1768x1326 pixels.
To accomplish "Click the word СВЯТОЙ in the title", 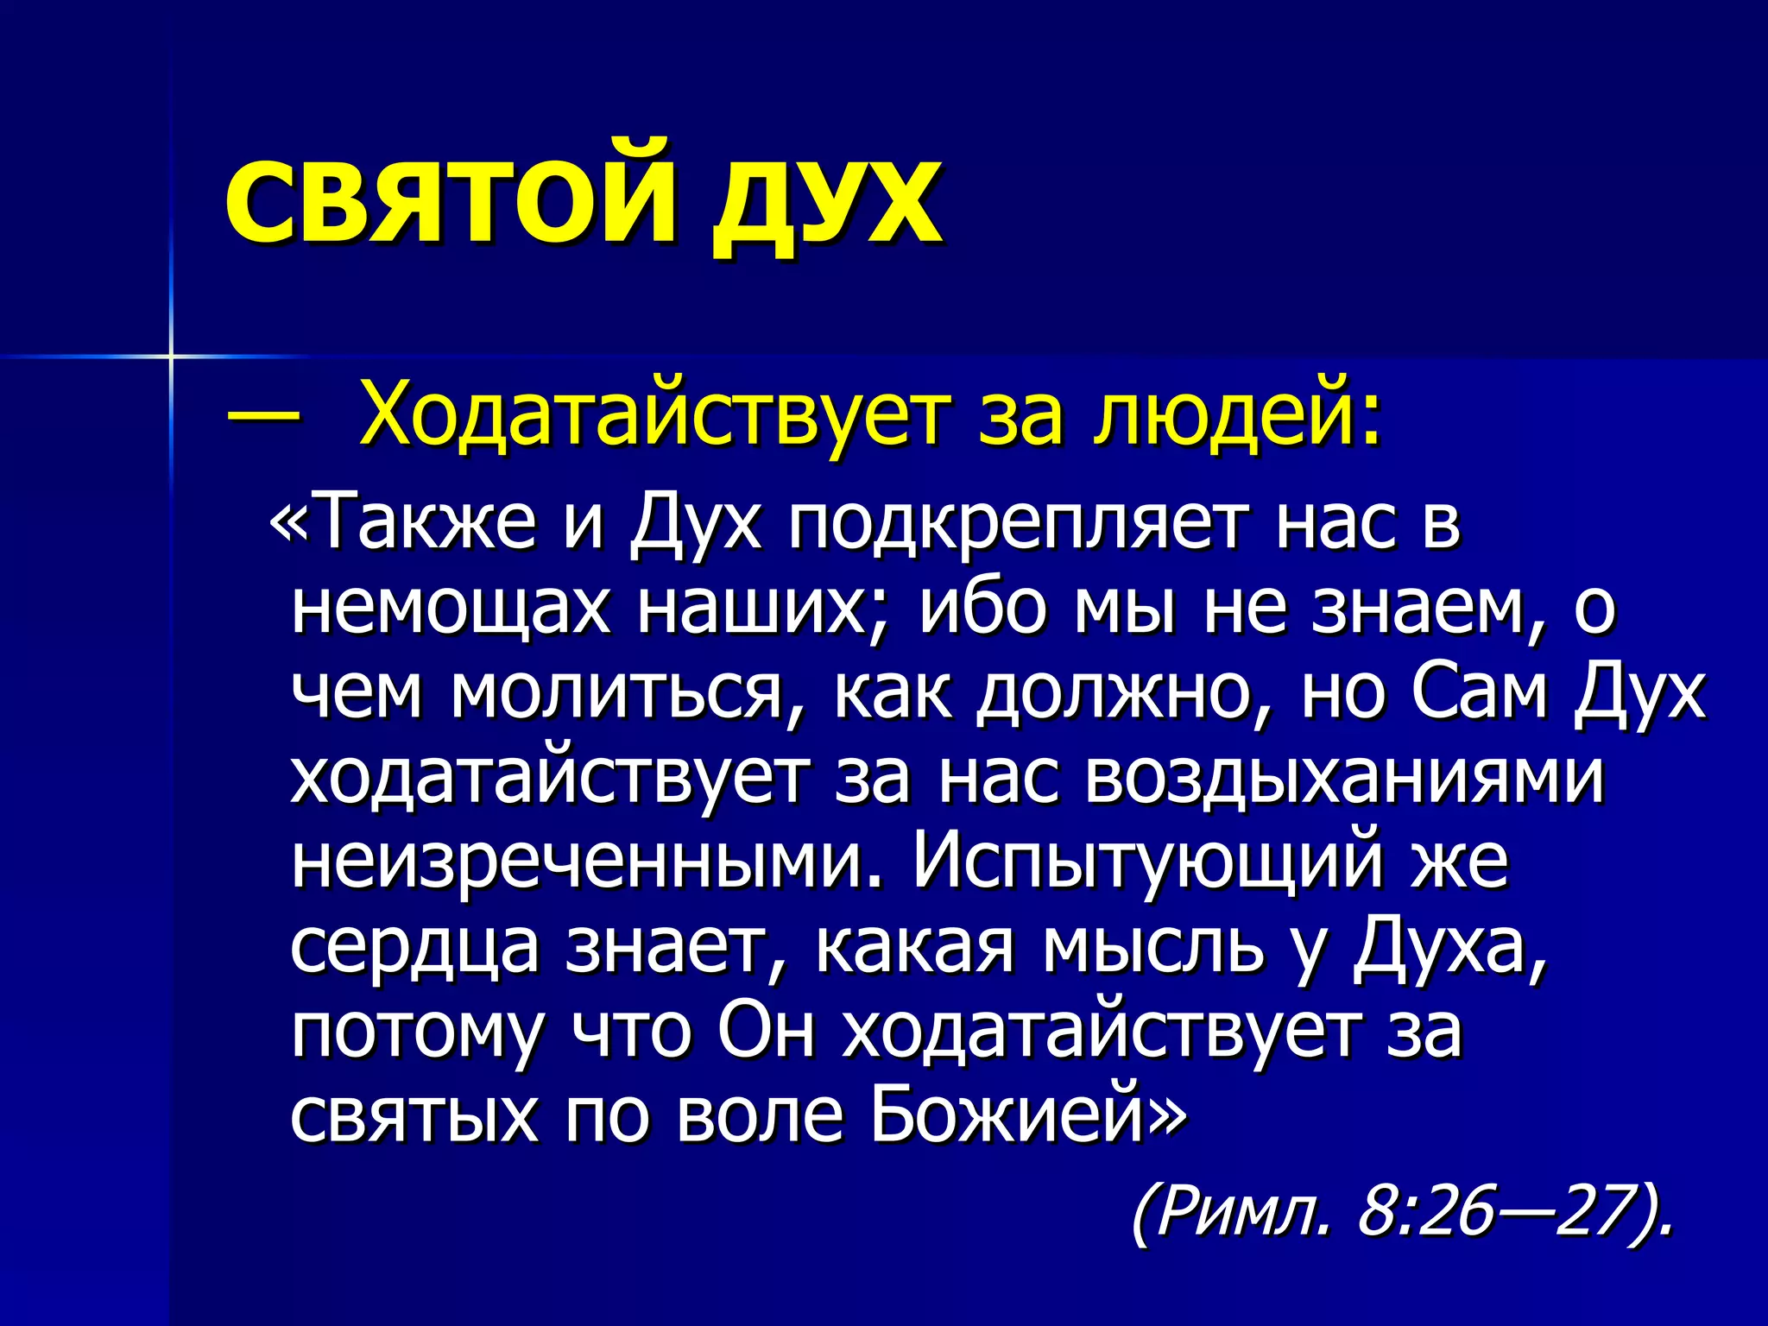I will (449, 201).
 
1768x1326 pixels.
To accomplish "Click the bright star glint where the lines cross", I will (171, 355).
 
